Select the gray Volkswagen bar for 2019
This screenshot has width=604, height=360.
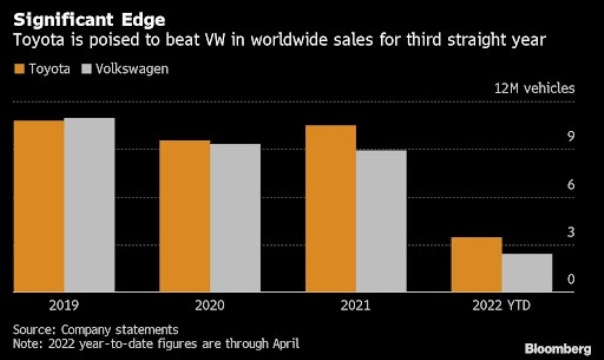[x=89, y=206]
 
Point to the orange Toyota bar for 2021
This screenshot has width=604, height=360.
[x=331, y=210]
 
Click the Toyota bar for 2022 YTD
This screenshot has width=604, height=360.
[x=476, y=265]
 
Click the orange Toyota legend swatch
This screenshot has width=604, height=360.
[x=18, y=69]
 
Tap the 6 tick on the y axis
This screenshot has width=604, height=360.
[x=571, y=185]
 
